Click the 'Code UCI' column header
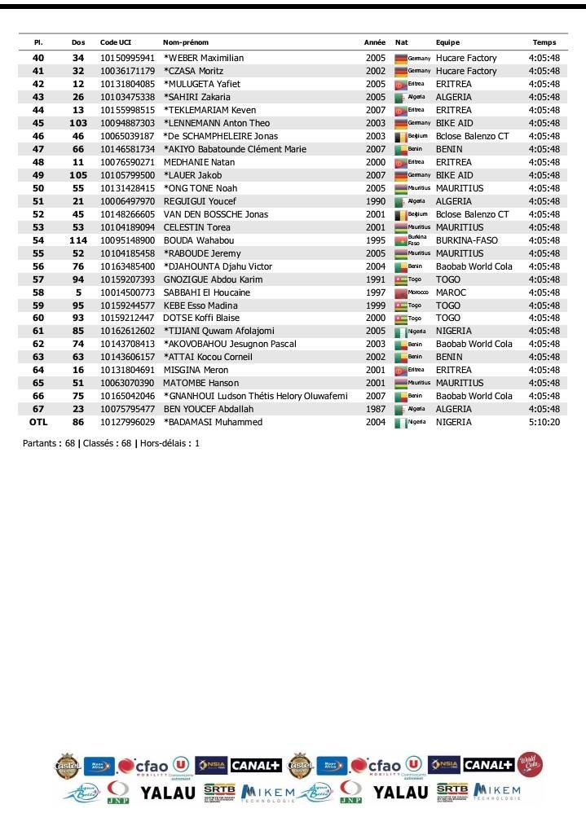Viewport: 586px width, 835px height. tap(115, 42)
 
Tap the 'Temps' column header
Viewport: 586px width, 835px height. tap(544, 42)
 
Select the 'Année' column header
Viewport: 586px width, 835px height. tap(374, 42)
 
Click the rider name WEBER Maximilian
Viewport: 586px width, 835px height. tap(204, 59)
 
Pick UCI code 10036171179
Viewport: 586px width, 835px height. tap(127, 72)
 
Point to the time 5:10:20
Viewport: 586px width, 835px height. tap(544, 423)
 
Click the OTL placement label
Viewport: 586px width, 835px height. tap(38, 423)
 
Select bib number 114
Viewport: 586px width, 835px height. tap(78, 240)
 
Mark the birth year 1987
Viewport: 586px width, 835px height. tap(375, 410)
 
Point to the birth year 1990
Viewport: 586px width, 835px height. tap(375, 201)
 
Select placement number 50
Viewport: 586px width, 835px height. tap(38, 188)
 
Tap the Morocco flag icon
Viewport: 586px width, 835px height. tap(400, 292)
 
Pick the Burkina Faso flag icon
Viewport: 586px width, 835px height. tap(400, 240)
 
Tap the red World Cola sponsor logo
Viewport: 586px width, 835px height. tap(530, 764)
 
